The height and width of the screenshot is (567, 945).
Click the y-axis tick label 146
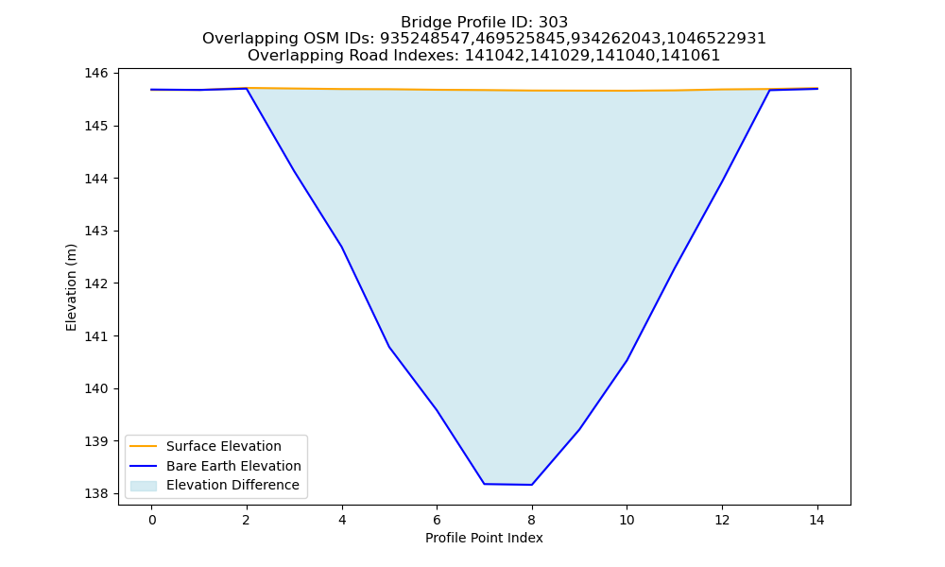95,74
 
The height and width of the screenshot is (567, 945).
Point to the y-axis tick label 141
95,336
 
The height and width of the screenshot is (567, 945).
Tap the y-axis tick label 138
95,494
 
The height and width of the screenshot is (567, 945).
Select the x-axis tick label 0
152,520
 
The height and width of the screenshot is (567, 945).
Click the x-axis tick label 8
531,520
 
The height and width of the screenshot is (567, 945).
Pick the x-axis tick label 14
816,520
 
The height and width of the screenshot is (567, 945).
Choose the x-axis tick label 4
342,520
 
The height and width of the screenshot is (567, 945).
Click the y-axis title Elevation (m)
71,287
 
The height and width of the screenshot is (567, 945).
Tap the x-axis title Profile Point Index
484,538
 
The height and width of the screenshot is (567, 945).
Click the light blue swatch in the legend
144,486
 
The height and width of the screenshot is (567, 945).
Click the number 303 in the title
553,23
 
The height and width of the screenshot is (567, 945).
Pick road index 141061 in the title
691,56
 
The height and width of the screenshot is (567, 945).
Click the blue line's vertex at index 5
389,347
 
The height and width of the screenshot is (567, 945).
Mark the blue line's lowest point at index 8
531,485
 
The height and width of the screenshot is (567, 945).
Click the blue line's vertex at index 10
627,360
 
